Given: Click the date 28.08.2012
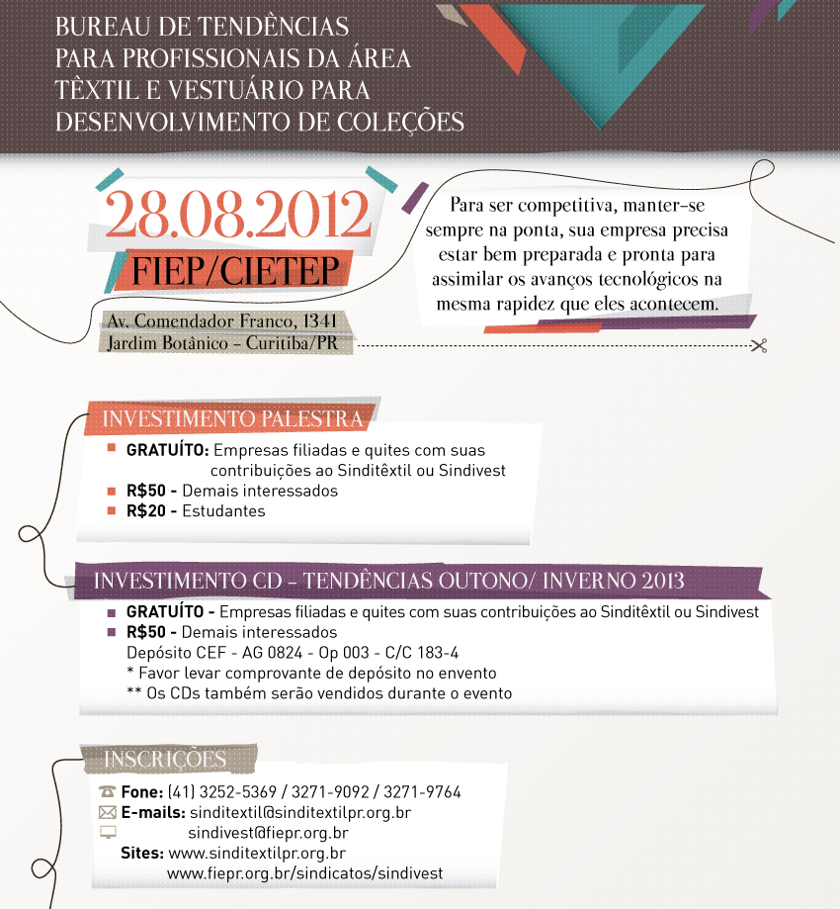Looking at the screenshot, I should (237, 216).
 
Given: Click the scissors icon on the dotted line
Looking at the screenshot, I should (758, 345).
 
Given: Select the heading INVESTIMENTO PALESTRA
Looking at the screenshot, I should (232, 418).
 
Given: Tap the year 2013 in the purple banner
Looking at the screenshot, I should (661, 581).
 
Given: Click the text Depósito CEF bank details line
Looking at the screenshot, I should (293, 653).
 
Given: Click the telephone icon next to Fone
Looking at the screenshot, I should (108, 792).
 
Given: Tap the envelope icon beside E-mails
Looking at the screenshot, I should (108, 812).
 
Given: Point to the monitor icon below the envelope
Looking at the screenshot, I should (108, 832).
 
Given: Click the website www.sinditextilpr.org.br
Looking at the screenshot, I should (257, 853).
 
